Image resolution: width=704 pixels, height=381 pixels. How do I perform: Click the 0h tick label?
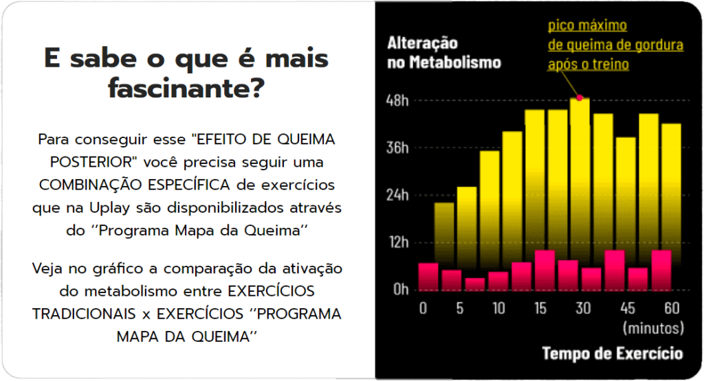point(401,289)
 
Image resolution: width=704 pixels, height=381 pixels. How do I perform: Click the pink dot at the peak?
point(580,98)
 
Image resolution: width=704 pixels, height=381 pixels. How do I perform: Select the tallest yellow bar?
point(580,172)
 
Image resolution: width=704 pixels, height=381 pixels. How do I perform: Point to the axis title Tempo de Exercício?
point(613,354)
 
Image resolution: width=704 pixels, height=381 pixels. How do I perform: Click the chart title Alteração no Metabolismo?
point(444,53)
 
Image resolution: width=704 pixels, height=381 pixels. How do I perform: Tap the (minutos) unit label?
point(651,327)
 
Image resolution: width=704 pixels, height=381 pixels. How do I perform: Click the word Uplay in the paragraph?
point(109,208)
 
